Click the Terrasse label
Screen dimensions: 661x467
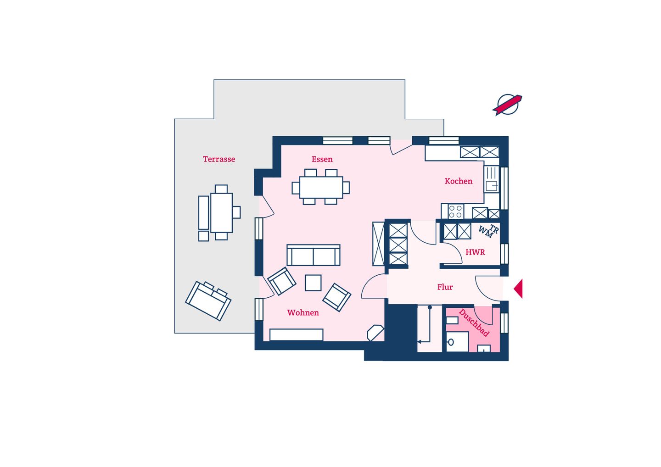point(219,159)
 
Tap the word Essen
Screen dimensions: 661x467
point(322,159)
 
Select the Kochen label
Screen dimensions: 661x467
point(458,181)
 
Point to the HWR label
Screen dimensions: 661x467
point(475,252)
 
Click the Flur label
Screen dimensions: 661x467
point(445,287)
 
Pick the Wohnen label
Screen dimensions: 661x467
point(303,312)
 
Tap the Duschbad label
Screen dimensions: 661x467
point(474,323)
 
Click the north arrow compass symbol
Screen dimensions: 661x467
point(507,105)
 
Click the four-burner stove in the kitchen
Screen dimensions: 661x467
point(455,211)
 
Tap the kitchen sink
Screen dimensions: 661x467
point(491,186)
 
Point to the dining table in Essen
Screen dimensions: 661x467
point(321,187)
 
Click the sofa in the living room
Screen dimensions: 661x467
point(314,255)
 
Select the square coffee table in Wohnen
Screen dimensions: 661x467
point(313,283)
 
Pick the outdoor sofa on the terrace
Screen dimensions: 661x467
point(208,301)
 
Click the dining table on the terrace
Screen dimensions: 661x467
point(221,212)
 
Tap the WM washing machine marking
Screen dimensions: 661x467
point(486,233)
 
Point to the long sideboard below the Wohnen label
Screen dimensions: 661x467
point(296,335)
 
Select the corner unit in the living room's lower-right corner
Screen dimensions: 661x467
point(375,333)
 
